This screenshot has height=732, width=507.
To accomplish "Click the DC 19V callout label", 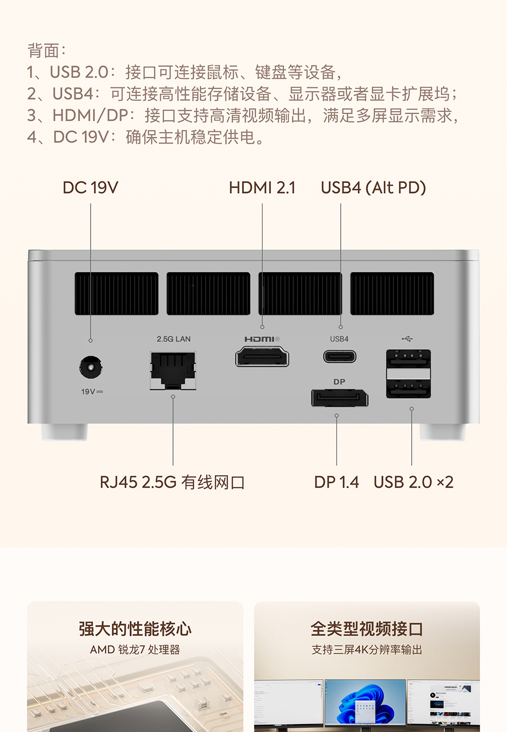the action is pos(90,188).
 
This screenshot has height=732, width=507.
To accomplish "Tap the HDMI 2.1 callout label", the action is pos(262,188).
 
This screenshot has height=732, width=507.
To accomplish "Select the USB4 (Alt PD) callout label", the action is pos(373,188).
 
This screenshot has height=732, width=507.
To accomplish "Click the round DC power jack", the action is pos(90,368).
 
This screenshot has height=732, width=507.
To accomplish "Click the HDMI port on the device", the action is pos(262,357).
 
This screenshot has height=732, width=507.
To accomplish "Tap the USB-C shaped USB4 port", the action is pos(340,356).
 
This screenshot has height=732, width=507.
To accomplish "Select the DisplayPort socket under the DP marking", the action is pos(339,398).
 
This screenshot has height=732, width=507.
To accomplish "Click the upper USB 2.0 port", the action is pos(408,359).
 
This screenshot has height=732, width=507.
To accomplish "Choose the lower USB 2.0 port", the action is pos(408,388).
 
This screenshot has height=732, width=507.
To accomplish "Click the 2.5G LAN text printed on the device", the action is pos(174,339).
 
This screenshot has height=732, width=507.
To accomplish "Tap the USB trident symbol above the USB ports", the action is pos(407,339).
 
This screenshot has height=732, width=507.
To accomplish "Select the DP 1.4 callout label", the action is pos(336,482).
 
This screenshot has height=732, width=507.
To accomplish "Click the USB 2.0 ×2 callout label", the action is pos(413,482).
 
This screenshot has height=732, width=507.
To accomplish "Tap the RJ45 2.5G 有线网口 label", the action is pos(172,482).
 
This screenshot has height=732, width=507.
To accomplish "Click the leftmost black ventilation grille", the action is pos(116,293).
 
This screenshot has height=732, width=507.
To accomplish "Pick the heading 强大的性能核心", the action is pos(135,629).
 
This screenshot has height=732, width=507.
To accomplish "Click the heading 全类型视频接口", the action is pos(367,629).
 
